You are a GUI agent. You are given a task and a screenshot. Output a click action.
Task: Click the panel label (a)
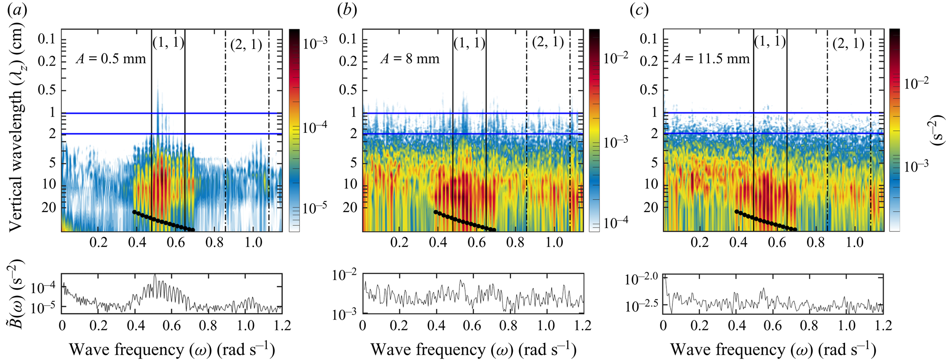click(x=18, y=10)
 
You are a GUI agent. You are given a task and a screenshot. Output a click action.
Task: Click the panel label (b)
click(x=347, y=10)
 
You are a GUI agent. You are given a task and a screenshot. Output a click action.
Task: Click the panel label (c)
click(x=639, y=10)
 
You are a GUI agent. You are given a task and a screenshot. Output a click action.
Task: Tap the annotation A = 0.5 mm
click(x=111, y=59)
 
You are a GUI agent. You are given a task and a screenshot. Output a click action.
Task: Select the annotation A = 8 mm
click(x=410, y=59)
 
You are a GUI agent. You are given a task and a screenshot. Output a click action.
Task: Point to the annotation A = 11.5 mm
click(x=711, y=59)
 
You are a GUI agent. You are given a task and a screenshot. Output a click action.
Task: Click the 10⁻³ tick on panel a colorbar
click(x=315, y=43)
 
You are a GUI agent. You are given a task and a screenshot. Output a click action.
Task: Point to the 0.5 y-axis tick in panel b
click(x=348, y=90)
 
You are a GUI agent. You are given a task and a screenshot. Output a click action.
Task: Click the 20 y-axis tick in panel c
click(x=650, y=207)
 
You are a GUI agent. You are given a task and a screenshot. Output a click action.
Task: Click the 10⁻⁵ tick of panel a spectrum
click(x=43, y=308)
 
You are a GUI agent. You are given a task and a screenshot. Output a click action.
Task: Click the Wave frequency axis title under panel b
click(x=473, y=349)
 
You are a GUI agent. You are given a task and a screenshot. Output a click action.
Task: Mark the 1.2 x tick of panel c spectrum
click(x=882, y=326)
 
